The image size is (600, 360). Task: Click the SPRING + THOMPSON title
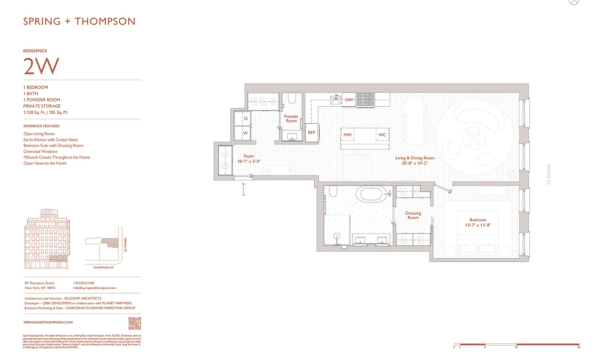click(x=79, y=21)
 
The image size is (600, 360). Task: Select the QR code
click(x=135, y=323)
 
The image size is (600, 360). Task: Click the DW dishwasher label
click(x=349, y=100)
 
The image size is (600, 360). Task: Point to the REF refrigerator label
click(x=311, y=133)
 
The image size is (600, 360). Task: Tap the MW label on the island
click(x=347, y=135)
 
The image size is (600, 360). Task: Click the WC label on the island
click(x=382, y=135)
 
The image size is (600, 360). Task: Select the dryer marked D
click(x=246, y=119)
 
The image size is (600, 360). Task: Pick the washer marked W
click(x=246, y=133)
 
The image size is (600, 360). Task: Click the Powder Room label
click(x=291, y=119)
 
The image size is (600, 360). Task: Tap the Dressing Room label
click(x=413, y=216)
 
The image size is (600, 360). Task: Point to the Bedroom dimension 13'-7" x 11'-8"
click(x=478, y=225)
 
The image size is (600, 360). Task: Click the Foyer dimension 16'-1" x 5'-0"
click(x=249, y=161)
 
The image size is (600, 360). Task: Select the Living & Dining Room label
click(x=415, y=161)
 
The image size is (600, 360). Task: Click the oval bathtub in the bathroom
click(x=370, y=194)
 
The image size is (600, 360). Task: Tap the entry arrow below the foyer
click(x=244, y=189)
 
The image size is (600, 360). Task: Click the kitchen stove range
click(x=365, y=100)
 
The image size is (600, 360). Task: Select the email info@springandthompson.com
click(x=95, y=288)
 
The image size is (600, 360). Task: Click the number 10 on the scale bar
click(x=516, y=347)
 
